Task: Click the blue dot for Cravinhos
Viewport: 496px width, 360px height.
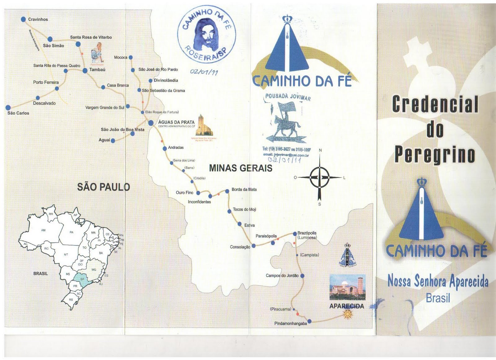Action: (23, 19)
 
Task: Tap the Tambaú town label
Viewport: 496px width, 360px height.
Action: (97, 70)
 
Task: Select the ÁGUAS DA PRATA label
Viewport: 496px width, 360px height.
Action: (176, 122)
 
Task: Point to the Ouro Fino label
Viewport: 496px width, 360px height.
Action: (184, 192)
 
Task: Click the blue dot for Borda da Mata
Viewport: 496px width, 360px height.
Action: (227, 191)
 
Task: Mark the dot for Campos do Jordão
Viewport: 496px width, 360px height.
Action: (302, 275)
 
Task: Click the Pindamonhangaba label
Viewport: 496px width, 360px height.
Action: (290, 323)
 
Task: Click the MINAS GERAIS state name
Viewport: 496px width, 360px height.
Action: (241, 168)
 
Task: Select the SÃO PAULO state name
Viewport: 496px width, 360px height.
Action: (103, 187)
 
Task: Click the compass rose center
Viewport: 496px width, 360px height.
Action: (320, 178)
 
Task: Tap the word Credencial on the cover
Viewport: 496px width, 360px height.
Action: (435, 104)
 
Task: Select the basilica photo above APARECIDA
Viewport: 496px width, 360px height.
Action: (347, 287)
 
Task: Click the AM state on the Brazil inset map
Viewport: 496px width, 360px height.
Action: (43, 230)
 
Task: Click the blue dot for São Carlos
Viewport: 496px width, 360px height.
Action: (8, 108)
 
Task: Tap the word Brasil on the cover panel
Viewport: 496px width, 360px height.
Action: (438, 298)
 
